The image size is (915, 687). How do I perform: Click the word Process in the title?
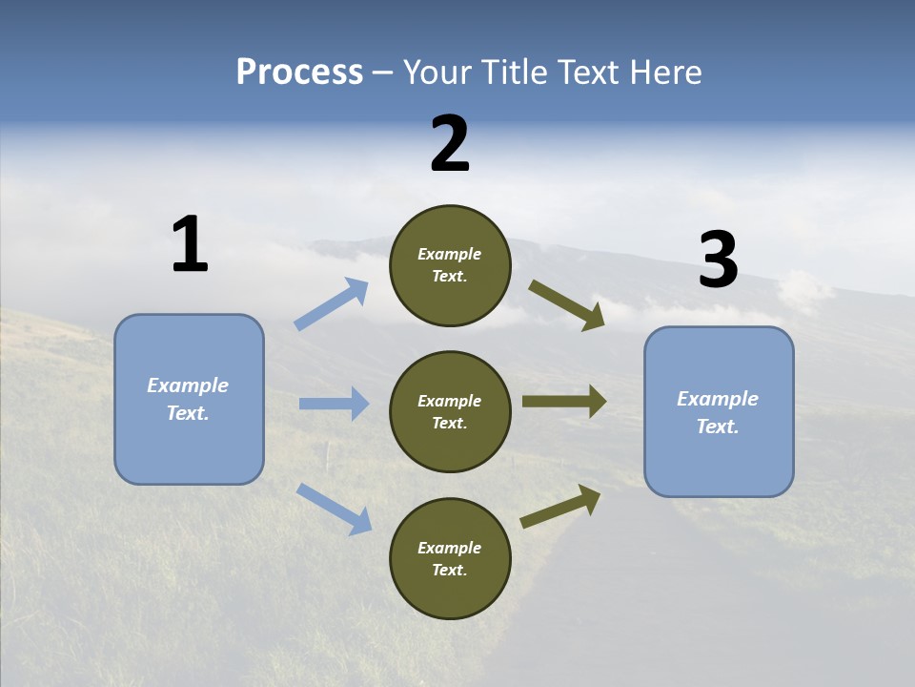[299, 73]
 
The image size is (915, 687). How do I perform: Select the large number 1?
[190, 245]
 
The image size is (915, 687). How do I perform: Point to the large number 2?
[450, 144]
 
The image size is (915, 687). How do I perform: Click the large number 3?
[718, 260]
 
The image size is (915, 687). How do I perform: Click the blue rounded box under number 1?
[189, 399]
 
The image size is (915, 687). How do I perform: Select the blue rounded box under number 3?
[719, 412]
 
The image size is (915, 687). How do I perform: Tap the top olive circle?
[450, 265]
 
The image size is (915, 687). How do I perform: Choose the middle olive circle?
[450, 412]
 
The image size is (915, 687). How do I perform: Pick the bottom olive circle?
[450, 559]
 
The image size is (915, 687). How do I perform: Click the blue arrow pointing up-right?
[332, 304]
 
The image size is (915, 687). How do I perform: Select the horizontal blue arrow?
[334, 404]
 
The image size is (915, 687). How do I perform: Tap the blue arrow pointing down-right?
[334, 508]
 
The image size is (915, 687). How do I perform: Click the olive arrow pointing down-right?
[566, 304]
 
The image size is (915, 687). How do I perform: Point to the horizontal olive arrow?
[564, 402]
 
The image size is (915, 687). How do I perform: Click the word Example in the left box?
[188, 385]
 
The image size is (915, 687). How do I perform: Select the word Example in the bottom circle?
[449, 548]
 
